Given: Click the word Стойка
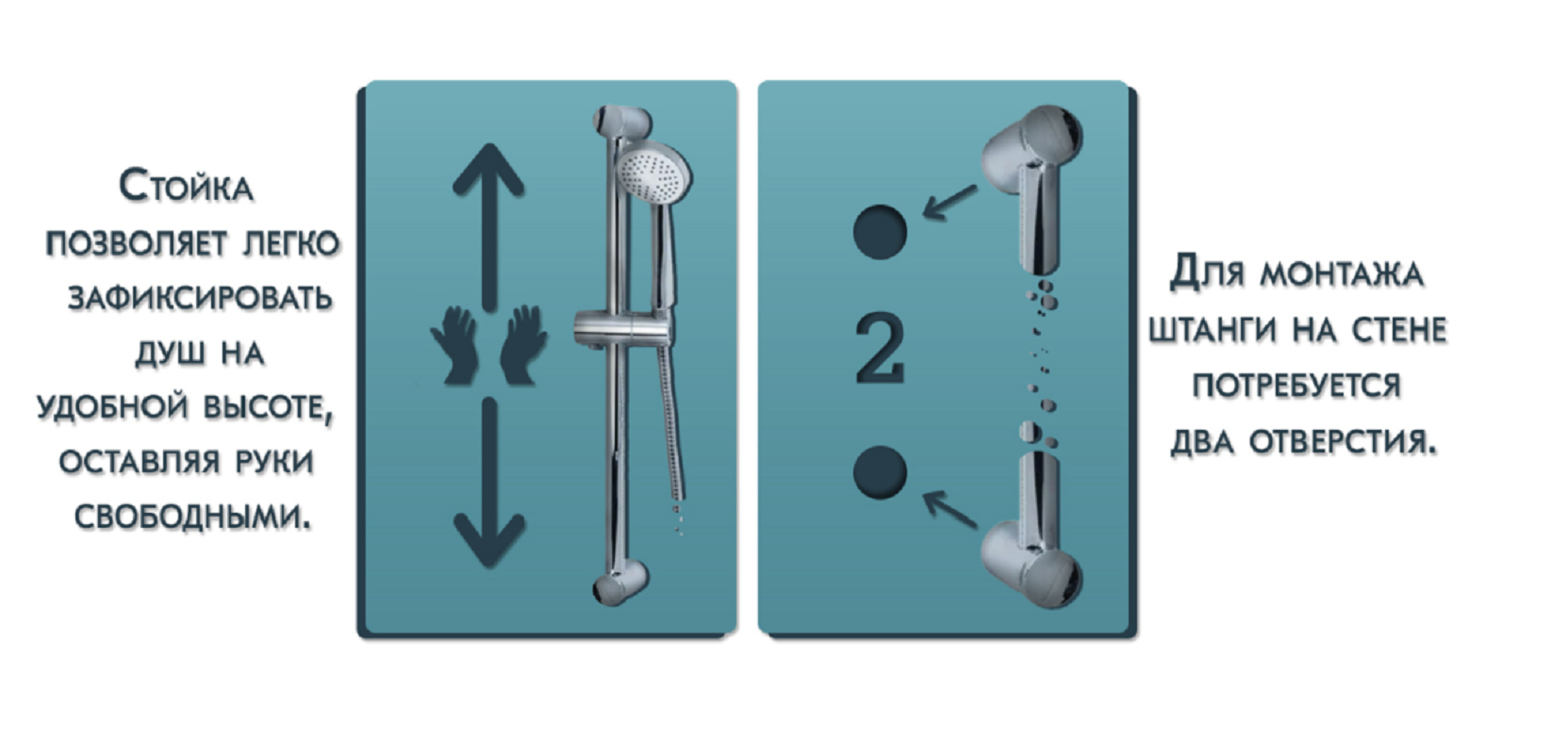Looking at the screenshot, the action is tap(186, 187).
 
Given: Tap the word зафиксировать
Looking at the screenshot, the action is tap(201, 299).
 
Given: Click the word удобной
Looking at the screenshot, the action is tap(112, 406).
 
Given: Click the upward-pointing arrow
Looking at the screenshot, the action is tap(488, 227).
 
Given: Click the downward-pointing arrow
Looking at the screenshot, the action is tap(488, 483).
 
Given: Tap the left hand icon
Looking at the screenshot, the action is tap(454, 345).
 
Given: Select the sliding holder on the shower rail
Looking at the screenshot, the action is tap(621, 328).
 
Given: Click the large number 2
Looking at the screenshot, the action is tap(880, 349).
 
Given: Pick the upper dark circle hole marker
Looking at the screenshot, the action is tap(880, 232).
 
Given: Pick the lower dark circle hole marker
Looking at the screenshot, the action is tap(880, 472).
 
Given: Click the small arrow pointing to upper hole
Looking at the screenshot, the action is tap(950, 202).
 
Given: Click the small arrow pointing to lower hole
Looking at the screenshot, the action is tap(950, 509).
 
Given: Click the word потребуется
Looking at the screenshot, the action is tap(1296, 385).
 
